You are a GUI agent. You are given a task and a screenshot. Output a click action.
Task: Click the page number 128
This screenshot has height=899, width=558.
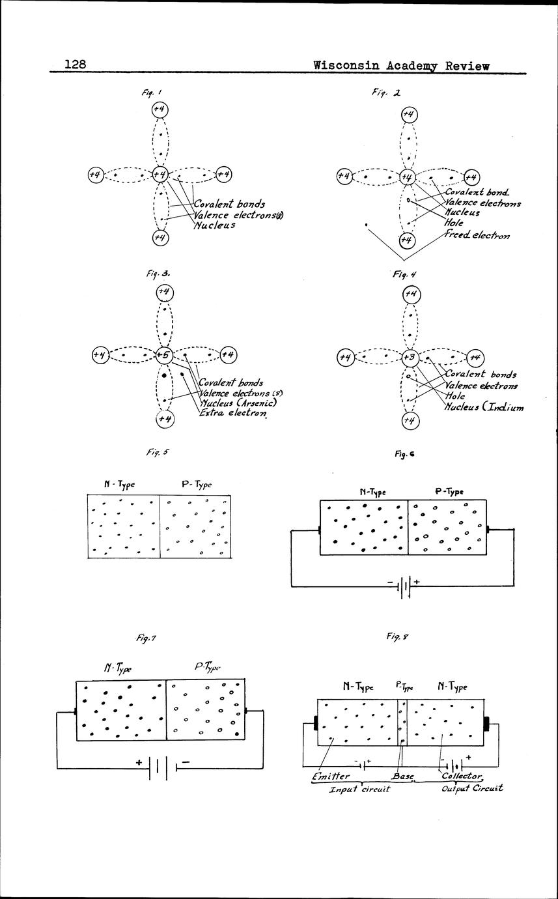click(76, 64)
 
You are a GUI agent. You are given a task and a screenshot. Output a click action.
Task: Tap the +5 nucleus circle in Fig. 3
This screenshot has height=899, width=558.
click(161, 355)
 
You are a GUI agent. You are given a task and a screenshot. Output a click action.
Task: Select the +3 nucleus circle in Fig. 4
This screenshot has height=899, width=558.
click(409, 357)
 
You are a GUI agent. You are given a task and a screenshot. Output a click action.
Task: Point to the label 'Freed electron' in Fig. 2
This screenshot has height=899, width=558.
click(477, 235)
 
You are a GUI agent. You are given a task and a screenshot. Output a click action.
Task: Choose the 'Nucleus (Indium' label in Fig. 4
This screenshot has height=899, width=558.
click(484, 407)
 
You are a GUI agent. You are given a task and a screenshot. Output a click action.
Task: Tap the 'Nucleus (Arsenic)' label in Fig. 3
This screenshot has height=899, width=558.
click(233, 403)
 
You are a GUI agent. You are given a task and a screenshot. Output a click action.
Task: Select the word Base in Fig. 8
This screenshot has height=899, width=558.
click(402, 777)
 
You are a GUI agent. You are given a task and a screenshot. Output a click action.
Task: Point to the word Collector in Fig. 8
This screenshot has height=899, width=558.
click(462, 776)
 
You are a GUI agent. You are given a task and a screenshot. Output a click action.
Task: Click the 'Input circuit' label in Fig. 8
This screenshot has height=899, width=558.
click(359, 788)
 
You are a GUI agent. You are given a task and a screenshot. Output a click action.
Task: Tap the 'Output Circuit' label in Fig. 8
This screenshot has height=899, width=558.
click(473, 788)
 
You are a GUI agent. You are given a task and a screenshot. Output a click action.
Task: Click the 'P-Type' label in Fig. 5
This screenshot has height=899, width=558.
click(197, 485)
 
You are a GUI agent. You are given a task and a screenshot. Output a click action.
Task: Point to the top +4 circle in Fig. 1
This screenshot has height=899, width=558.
click(160, 109)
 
